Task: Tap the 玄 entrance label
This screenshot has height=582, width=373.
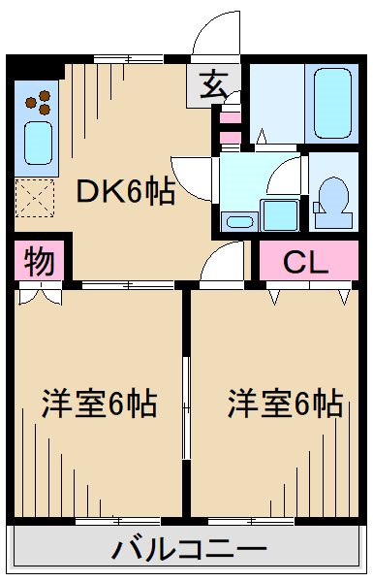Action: click(x=212, y=85)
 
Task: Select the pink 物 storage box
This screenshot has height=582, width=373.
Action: click(x=39, y=262)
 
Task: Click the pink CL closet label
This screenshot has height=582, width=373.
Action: click(x=306, y=262)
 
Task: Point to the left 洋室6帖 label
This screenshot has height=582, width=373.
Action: click(x=99, y=404)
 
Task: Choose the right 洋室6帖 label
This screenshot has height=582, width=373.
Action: click(x=286, y=404)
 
